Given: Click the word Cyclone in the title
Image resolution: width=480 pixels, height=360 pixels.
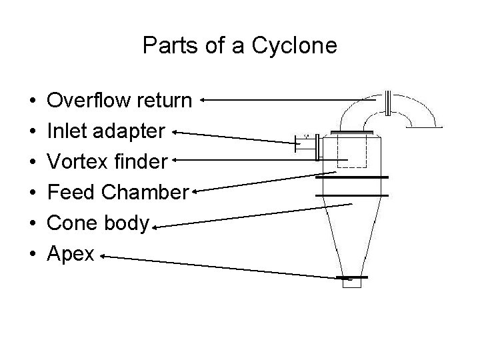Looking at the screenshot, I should [297, 46].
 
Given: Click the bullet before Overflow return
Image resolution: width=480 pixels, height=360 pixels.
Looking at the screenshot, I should [33, 102].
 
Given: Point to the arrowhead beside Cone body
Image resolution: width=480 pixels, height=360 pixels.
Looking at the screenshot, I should [155, 229].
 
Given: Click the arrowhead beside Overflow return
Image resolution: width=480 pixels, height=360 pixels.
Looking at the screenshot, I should [202, 101].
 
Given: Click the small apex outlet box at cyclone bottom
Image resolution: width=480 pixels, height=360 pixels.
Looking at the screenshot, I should [351, 283].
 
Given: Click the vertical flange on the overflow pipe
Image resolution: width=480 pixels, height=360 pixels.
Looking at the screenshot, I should [388, 104].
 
